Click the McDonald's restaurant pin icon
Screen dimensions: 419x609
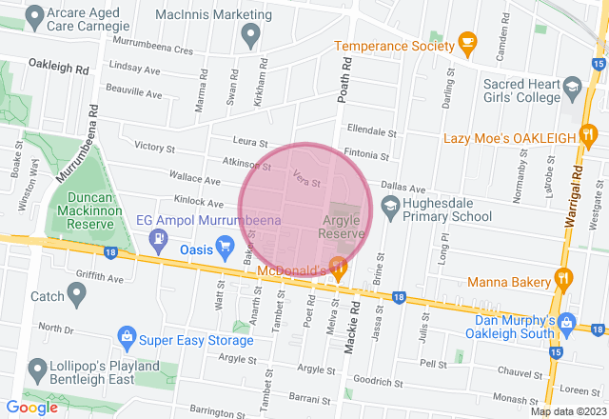(337, 266)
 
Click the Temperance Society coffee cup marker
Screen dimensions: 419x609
(467, 41)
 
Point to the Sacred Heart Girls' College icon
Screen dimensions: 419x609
(573, 90)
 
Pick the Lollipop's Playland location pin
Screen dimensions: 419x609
(37, 368)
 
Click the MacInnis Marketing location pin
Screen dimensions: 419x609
(251, 37)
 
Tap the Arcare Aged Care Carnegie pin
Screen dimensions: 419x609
(34, 14)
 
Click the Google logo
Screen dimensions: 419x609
(32, 408)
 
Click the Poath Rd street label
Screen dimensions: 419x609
(344, 80)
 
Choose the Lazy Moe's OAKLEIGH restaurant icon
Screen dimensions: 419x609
(592, 138)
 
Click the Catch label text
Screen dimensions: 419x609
(47, 297)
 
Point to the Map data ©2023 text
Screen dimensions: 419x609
(567, 411)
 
